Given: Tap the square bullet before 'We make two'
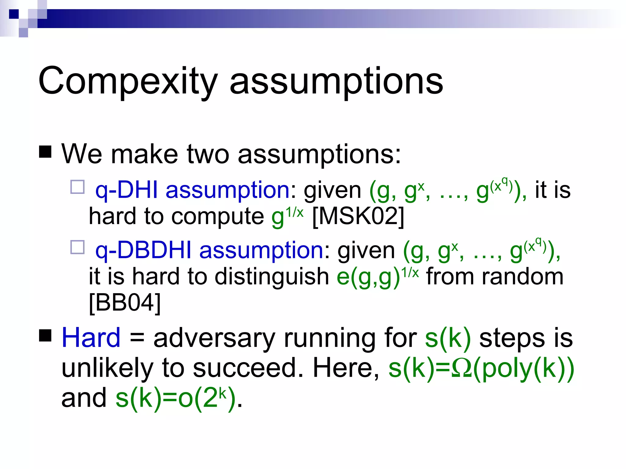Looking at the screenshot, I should tap(45, 152).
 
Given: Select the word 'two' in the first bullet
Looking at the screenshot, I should tap(208, 154).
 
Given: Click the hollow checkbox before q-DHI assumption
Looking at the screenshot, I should tap(77, 187).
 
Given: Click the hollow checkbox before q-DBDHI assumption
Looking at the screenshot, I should tap(77, 247).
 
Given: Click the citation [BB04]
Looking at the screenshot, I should tap(125, 303).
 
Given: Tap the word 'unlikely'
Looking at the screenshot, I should tap(107, 368).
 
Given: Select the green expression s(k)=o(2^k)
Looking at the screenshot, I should tap(175, 398).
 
